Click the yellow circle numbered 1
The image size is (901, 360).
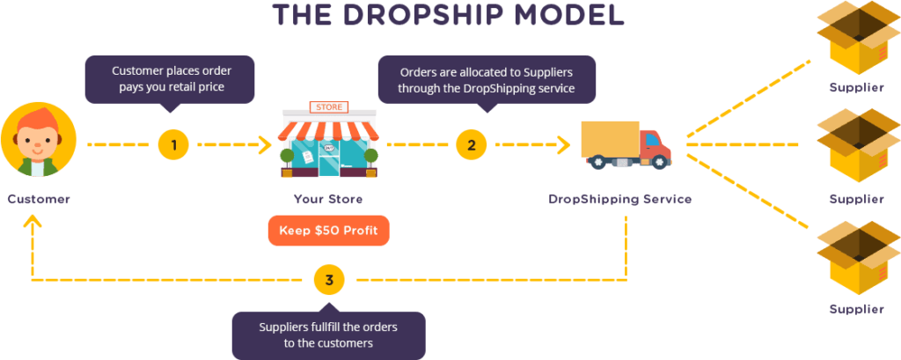173,145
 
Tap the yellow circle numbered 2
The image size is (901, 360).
472,145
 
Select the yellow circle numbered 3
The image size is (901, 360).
329,281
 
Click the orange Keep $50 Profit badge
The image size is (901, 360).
329,231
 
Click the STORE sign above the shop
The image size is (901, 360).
329,107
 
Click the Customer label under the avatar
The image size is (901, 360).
39,200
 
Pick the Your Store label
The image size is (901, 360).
329,200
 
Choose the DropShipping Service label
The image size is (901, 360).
620,200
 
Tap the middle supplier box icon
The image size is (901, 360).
856,146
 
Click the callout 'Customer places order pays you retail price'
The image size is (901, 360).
170,80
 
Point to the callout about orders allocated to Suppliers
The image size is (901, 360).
487,80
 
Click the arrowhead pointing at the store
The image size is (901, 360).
266,145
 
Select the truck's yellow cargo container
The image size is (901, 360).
611,139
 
